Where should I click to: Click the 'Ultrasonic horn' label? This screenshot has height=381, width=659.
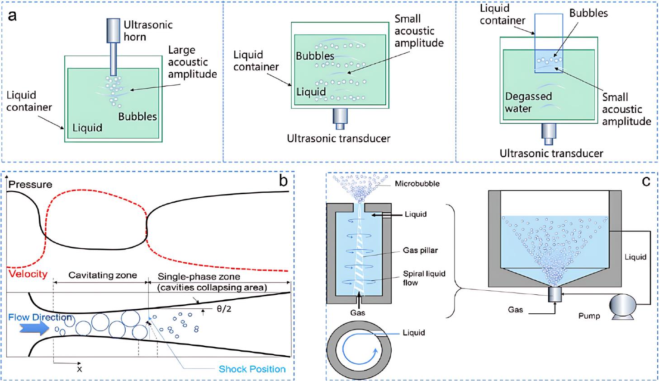[148, 30]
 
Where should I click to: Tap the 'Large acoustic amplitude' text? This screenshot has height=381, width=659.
[192, 62]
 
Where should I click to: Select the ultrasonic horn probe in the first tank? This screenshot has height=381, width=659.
[114, 45]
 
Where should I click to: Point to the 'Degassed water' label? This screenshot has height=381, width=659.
[528, 102]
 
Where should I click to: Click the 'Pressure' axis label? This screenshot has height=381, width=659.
[30, 184]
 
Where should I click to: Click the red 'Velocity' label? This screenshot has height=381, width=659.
[28, 274]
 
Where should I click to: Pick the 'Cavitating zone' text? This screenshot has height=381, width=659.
[102, 275]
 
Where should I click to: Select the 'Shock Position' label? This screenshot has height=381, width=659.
[252, 369]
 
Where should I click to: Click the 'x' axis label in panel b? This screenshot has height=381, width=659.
[79, 368]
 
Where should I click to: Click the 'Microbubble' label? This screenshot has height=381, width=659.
[417, 184]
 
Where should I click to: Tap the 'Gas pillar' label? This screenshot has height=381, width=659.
[420, 250]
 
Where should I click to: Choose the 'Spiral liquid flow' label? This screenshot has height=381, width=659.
[424, 278]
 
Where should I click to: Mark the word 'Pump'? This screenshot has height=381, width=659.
[589, 316]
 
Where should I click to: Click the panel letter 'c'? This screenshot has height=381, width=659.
[646, 181]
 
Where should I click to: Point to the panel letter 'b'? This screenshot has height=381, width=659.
[283, 181]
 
